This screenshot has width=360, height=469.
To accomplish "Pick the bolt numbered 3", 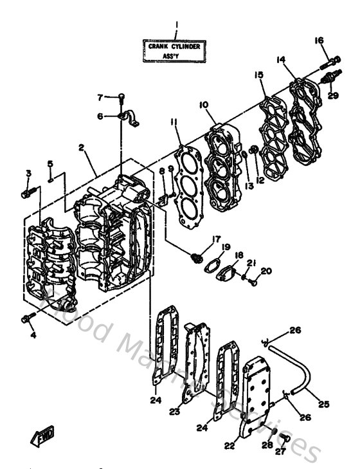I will coord(26,191).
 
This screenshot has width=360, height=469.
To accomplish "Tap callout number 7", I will coord(100,98).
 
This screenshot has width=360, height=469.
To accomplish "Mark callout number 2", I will coord(82,147).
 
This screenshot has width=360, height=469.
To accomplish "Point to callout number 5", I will coord(50,164).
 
